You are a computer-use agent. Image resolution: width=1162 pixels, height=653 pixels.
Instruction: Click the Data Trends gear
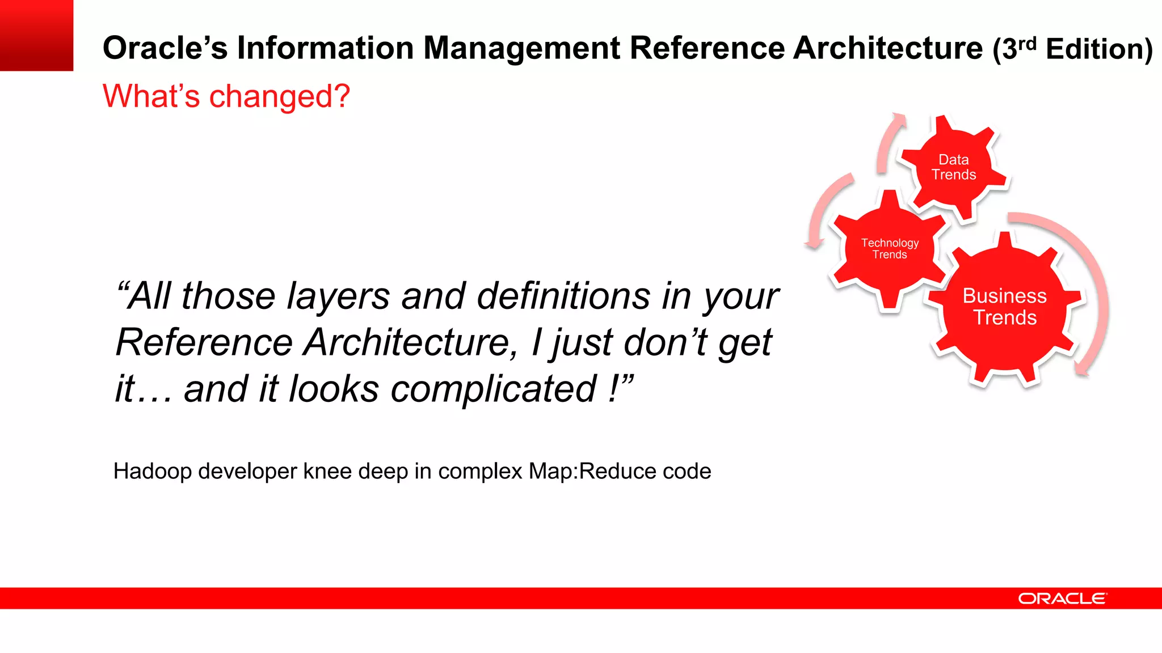click(954, 167)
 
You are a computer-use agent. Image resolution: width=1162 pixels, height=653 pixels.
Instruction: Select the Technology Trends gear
click(890, 249)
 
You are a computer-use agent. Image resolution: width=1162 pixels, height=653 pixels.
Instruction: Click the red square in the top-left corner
click(36, 35)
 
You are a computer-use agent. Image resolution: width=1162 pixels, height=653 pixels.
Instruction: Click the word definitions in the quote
click(563, 296)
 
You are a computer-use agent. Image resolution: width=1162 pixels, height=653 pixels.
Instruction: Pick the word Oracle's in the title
click(165, 48)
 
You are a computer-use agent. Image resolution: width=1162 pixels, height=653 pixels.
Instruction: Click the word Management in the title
click(521, 48)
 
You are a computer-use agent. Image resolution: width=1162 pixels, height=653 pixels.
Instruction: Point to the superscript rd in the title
click(1028, 43)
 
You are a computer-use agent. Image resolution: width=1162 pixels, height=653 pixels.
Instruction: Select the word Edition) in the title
click(1099, 49)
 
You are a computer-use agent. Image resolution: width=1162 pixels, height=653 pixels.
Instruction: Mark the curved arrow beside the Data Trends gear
click(889, 142)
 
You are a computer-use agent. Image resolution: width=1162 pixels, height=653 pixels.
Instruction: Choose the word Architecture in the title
click(888, 48)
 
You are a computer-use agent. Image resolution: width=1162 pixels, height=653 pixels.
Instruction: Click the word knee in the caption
click(321, 472)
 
